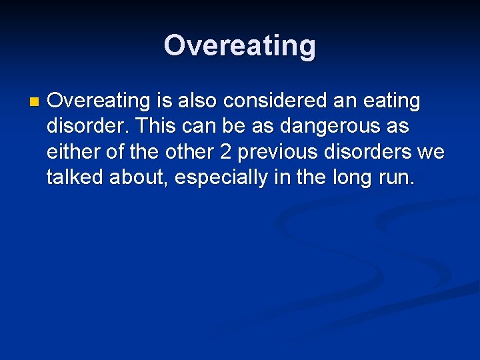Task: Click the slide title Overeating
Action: (x=240, y=46)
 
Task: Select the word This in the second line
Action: (x=155, y=126)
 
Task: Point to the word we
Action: (x=431, y=153)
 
